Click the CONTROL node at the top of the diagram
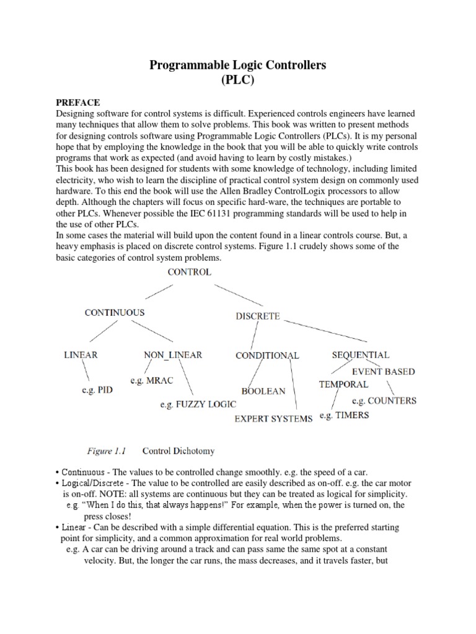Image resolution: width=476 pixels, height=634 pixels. (188, 272)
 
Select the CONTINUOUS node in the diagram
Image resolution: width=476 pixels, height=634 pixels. (115, 313)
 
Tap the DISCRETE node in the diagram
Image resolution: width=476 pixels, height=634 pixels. (258, 316)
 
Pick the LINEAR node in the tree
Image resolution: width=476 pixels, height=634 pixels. (81, 355)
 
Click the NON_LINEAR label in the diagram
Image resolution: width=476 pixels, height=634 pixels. (173, 355)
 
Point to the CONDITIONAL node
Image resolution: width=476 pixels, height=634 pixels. (267, 355)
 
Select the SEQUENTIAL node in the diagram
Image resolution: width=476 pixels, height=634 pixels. (361, 355)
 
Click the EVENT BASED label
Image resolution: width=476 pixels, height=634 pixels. (383, 371)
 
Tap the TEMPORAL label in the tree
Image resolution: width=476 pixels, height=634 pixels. (343, 384)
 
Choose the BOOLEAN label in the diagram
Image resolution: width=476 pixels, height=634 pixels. (263, 391)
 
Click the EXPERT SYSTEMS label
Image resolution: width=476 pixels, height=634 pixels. (273, 419)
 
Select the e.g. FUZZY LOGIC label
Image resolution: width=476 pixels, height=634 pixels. (188, 405)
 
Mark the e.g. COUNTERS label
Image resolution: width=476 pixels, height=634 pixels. (384, 401)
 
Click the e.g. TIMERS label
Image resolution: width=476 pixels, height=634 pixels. (344, 415)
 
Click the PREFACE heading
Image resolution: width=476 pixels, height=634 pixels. (78, 102)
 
